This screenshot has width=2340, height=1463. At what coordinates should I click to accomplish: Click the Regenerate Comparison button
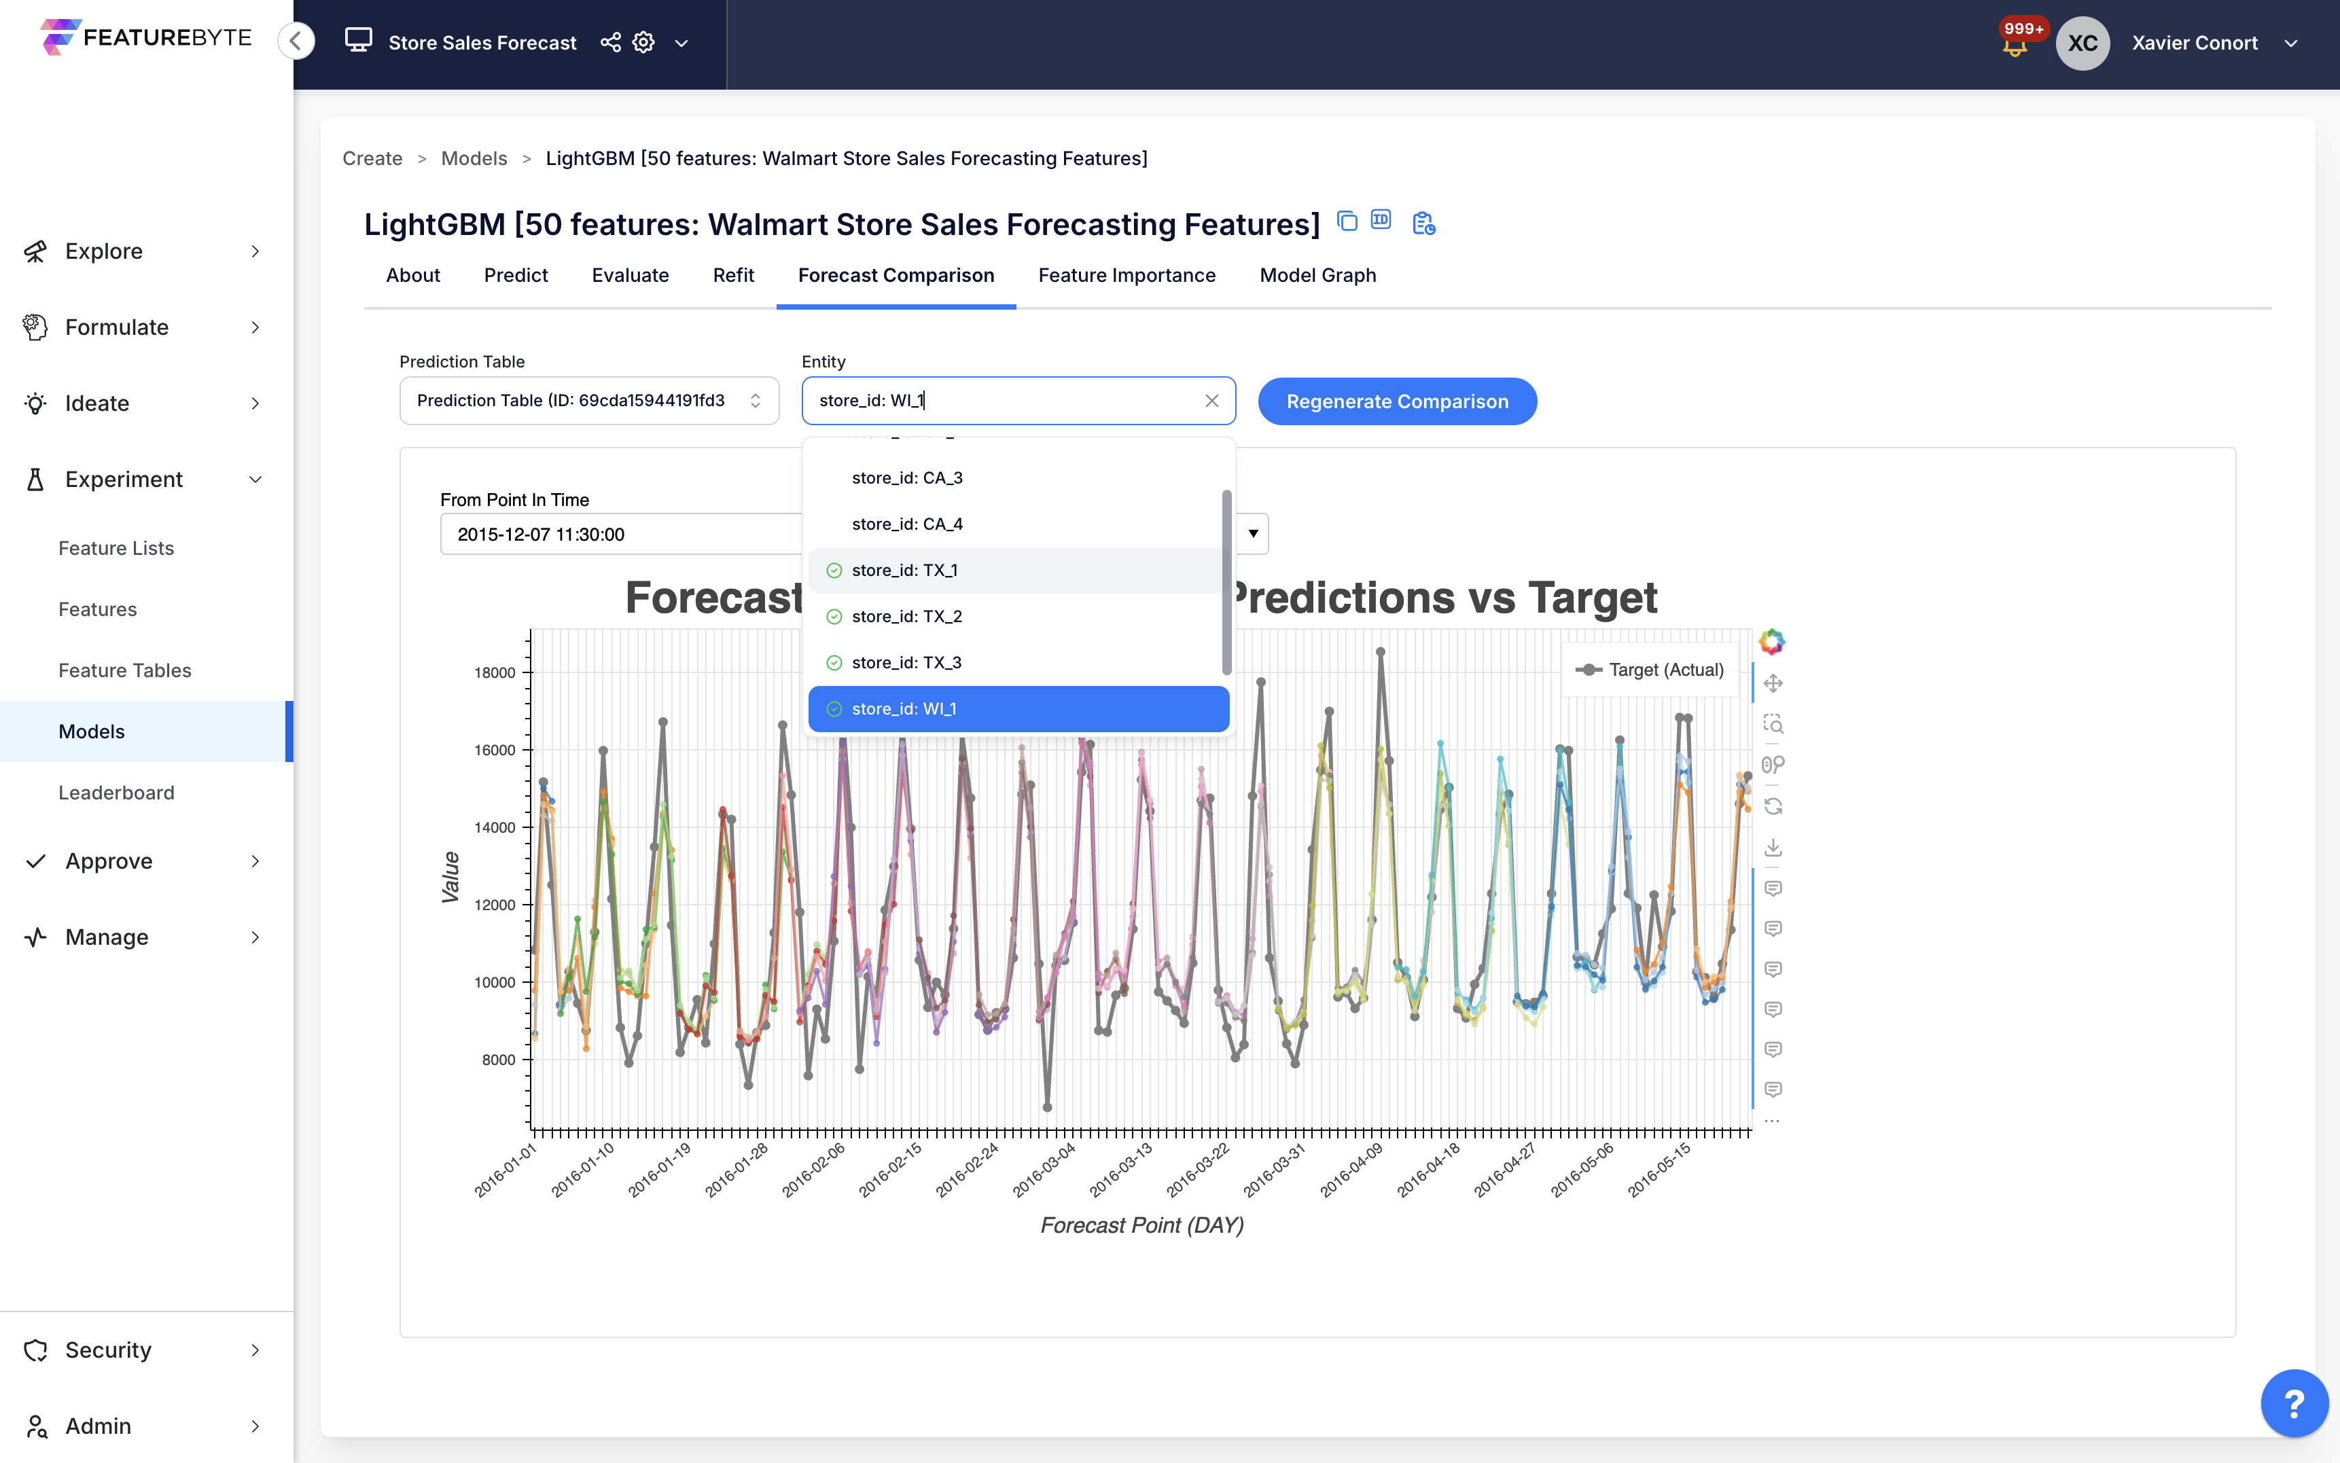(x=1396, y=401)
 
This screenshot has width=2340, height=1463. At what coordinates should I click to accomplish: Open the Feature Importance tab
(x=1127, y=276)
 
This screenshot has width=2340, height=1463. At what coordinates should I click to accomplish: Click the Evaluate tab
(x=630, y=276)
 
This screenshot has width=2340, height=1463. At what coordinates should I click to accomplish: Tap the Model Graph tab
(x=1317, y=276)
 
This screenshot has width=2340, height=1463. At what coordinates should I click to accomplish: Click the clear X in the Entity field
(x=1211, y=401)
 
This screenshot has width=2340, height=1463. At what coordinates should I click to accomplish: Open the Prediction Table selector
(x=588, y=401)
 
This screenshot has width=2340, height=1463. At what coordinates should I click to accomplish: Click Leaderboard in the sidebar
(x=116, y=793)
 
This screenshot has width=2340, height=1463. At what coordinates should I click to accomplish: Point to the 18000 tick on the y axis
(x=495, y=672)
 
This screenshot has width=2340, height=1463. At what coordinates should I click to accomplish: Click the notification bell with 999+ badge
(x=2015, y=45)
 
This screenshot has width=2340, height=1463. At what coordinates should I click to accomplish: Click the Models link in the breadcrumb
(x=473, y=159)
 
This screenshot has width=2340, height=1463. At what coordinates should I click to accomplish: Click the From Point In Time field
(x=620, y=534)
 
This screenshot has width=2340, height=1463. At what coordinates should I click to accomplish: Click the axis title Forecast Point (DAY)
(x=1141, y=1225)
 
